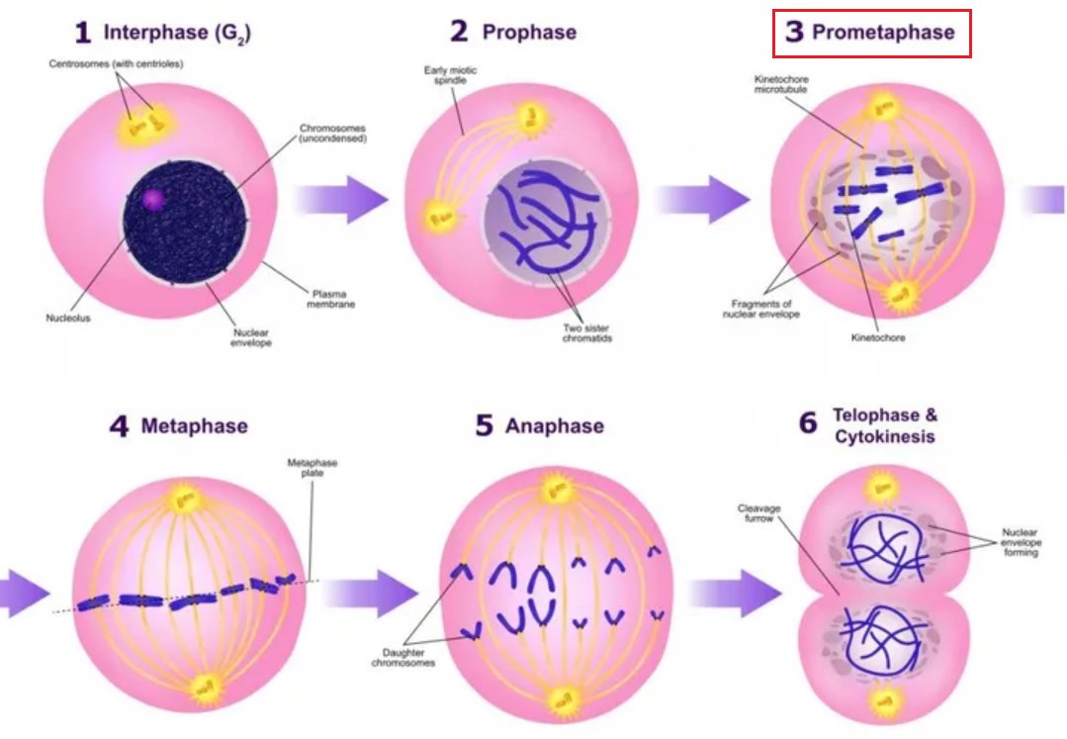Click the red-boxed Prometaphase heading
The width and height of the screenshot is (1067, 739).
point(871,33)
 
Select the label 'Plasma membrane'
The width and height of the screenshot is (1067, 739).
point(333,299)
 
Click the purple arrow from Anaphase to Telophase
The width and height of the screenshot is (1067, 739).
point(733,594)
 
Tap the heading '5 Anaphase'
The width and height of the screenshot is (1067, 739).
point(540,426)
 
